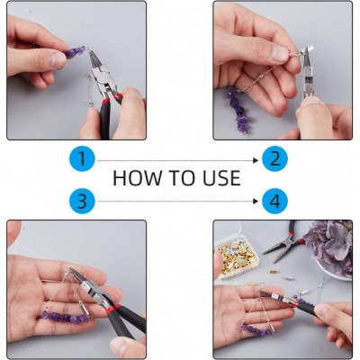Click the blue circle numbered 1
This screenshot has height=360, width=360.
(x=82, y=159)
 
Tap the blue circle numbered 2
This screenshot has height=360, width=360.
(x=274, y=159)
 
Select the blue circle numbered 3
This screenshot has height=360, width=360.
(x=82, y=201)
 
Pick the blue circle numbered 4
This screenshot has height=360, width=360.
(x=274, y=201)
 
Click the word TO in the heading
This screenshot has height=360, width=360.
(x=182, y=178)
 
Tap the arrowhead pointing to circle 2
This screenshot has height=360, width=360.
(x=256, y=160)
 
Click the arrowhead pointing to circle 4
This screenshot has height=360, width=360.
(x=256, y=202)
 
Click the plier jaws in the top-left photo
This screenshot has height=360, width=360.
(x=95, y=62)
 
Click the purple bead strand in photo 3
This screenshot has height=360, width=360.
(x=66, y=317)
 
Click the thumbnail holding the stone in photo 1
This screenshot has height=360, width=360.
(x=58, y=59)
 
